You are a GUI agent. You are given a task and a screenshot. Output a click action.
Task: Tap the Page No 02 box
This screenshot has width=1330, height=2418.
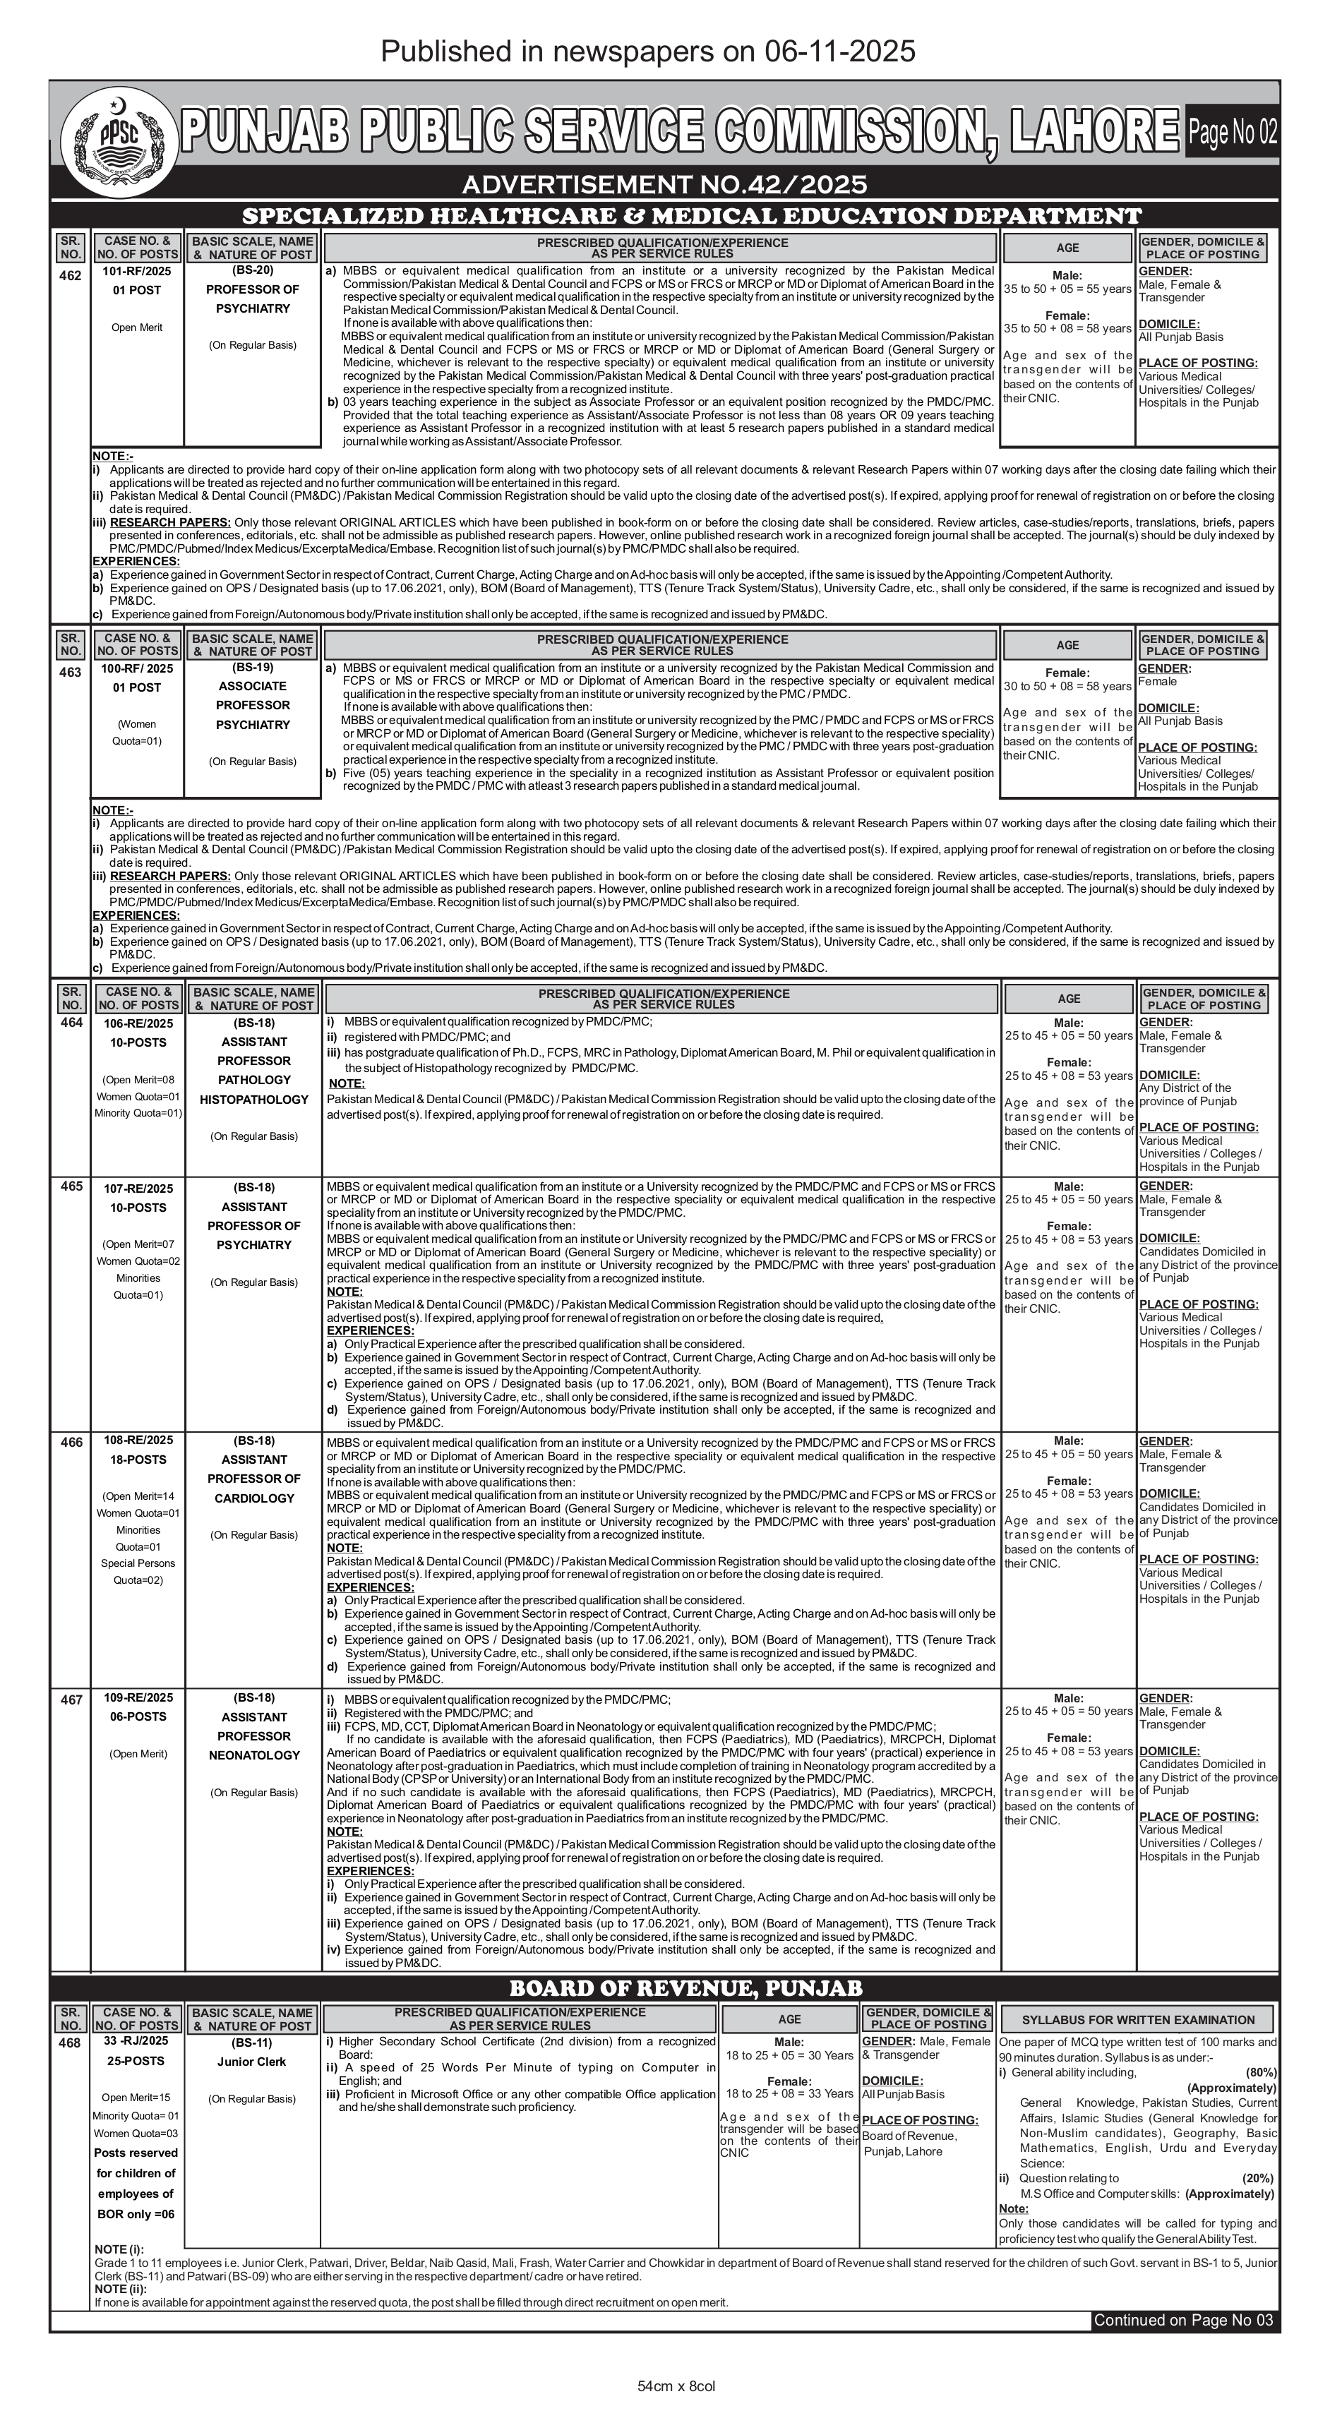tap(1231, 133)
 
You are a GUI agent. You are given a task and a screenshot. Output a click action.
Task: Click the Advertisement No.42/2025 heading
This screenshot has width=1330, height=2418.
tap(664, 184)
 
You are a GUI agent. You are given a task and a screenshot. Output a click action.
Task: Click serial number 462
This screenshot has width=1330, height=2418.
tap(71, 276)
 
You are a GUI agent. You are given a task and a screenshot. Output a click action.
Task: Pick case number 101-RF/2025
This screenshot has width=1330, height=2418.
tap(138, 271)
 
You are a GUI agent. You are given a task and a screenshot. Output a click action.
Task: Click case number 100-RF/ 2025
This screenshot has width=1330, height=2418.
tap(138, 668)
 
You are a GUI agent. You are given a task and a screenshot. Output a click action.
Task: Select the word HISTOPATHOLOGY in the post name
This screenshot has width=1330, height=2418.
tap(253, 1099)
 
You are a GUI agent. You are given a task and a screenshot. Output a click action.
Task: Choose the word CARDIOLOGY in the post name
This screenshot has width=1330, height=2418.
tap(253, 1498)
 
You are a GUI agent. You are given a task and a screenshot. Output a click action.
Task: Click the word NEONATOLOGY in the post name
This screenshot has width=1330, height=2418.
tap(253, 1755)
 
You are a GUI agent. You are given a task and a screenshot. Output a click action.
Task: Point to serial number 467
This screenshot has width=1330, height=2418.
tap(71, 1699)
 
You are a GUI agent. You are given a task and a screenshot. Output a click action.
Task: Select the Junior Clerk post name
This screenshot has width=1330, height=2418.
tap(251, 2062)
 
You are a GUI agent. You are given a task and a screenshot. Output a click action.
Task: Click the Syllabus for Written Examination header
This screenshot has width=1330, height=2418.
tap(1137, 2020)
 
